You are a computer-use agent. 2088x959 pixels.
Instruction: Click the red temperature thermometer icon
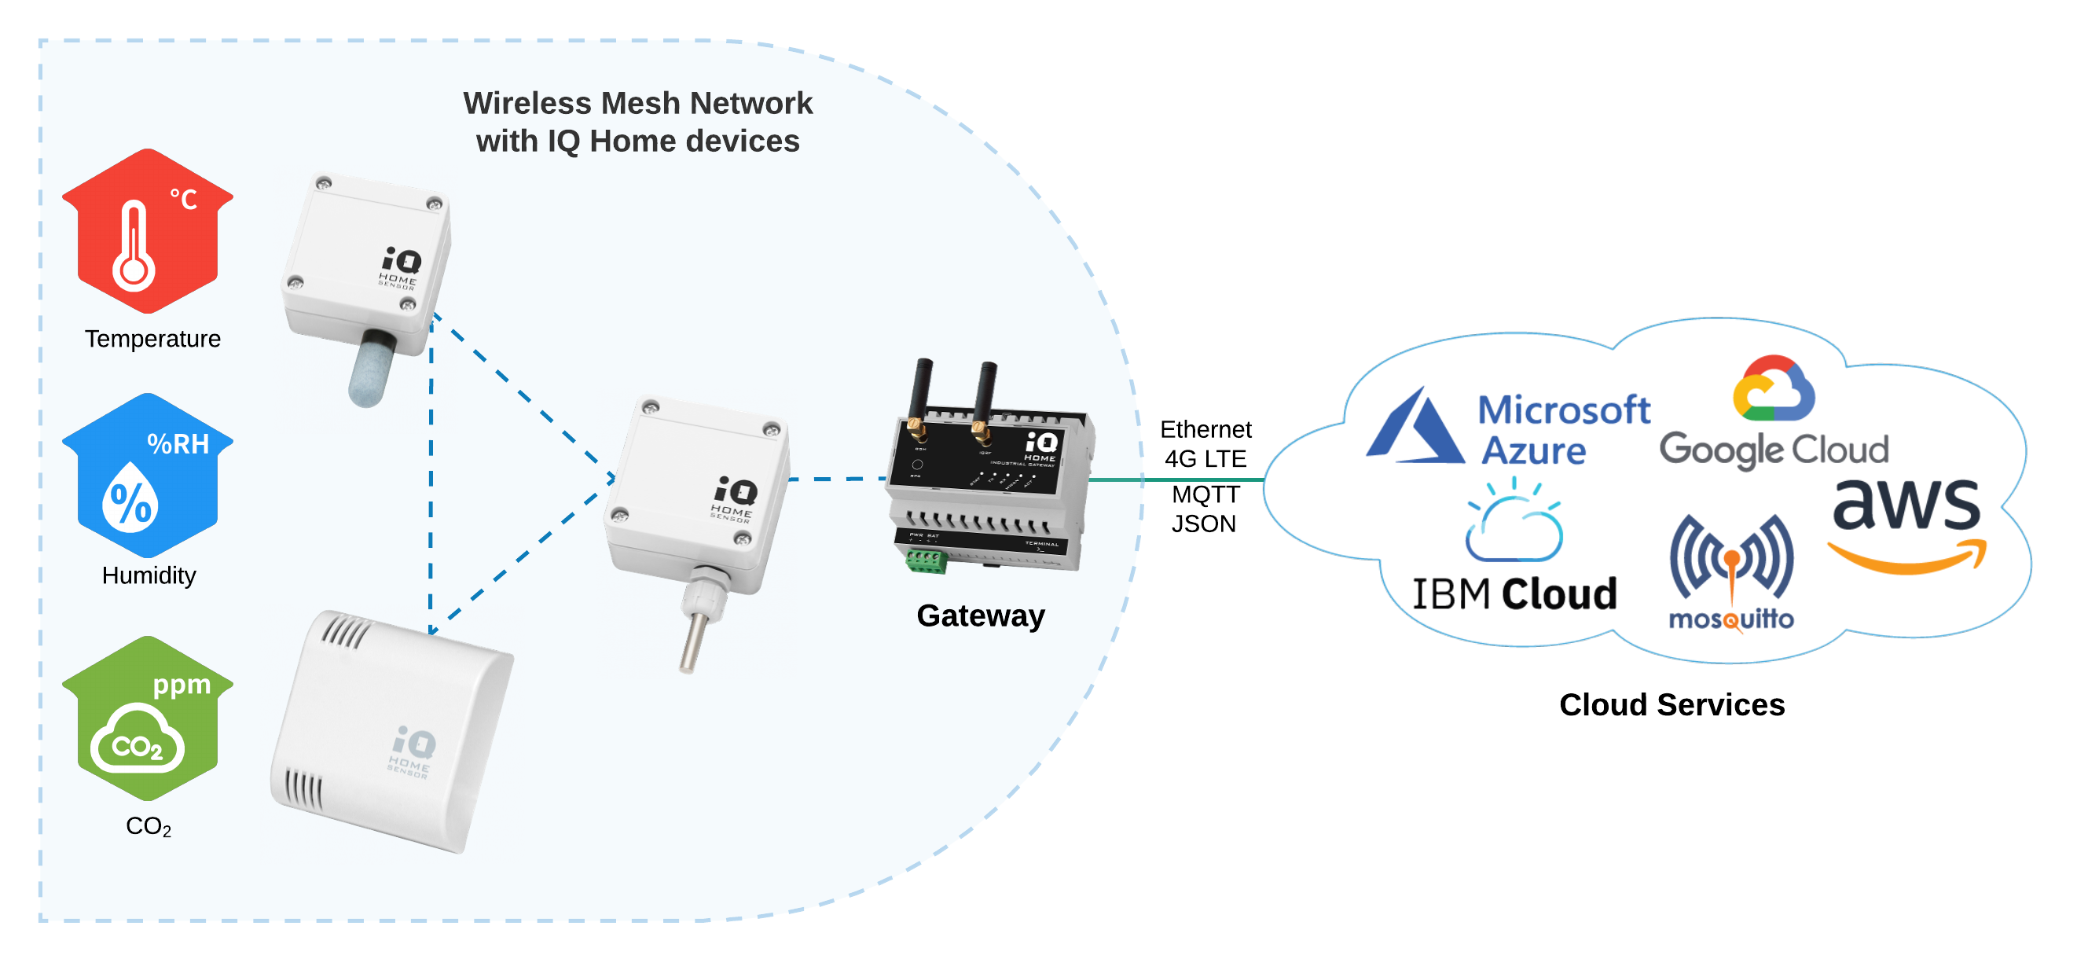tap(147, 232)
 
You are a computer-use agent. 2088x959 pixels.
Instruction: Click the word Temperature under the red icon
tap(152, 339)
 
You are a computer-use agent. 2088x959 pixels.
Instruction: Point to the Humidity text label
tap(149, 575)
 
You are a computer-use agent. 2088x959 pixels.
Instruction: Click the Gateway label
tap(980, 616)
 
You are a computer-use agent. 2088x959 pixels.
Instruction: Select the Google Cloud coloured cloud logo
tap(1774, 390)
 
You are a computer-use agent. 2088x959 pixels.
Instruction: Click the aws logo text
tap(1906, 503)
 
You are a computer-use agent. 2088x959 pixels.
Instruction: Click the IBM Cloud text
tap(1514, 594)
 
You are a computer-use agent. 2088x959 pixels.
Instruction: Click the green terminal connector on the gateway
tap(926, 561)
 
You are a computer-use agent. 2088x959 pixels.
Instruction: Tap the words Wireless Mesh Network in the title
tap(637, 104)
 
